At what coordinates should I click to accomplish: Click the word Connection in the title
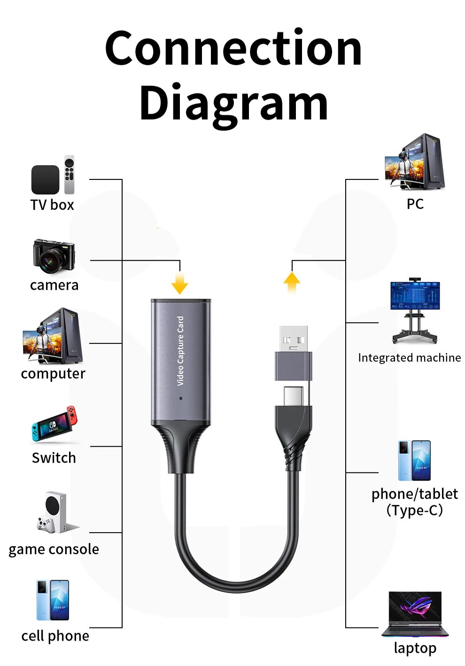pyautogui.click(x=233, y=48)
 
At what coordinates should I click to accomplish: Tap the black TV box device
pyautogui.click(x=45, y=179)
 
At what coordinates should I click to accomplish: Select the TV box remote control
pyautogui.click(x=70, y=174)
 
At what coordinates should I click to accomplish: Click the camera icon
pyautogui.click(x=54, y=256)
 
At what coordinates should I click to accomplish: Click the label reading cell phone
pyautogui.click(x=55, y=636)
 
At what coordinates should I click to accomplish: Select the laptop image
pyautogui.click(x=414, y=613)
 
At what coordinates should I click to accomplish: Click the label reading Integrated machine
pyautogui.click(x=409, y=358)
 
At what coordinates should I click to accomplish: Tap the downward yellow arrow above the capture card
pyautogui.click(x=179, y=284)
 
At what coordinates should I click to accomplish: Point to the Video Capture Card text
pyautogui.click(x=180, y=351)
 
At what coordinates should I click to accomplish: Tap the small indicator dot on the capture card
pyautogui.click(x=181, y=398)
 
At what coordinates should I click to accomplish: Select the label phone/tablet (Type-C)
pyautogui.click(x=414, y=502)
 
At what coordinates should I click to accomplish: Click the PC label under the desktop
pyautogui.click(x=415, y=204)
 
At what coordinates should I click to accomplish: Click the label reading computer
pyautogui.click(x=53, y=374)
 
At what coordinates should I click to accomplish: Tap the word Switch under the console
pyautogui.click(x=54, y=457)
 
